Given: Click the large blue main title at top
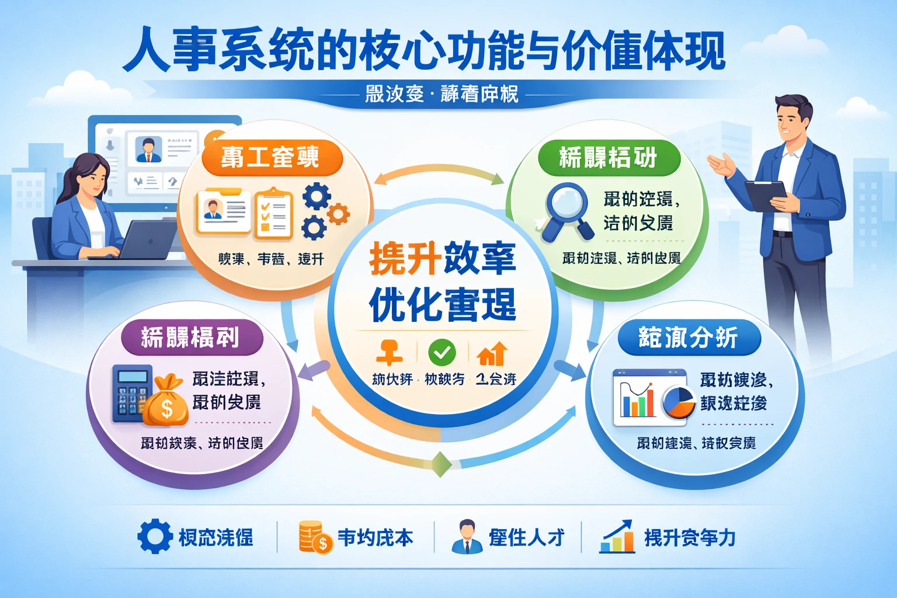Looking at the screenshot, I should tap(424, 51).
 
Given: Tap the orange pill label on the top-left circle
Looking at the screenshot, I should tap(270, 158).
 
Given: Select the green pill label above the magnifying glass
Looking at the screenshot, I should tap(608, 158).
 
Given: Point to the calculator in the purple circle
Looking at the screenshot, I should tap(131, 392).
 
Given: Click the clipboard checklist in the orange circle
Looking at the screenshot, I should tap(273, 213).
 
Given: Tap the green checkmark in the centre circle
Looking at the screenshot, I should tap(442, 352).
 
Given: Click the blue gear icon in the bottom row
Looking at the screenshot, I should tap(155, 536).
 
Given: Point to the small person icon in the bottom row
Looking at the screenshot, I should tap(467, 536).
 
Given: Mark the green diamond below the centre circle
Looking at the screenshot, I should tap(441, 464).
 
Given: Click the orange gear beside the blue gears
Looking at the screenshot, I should tap(338, 214).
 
